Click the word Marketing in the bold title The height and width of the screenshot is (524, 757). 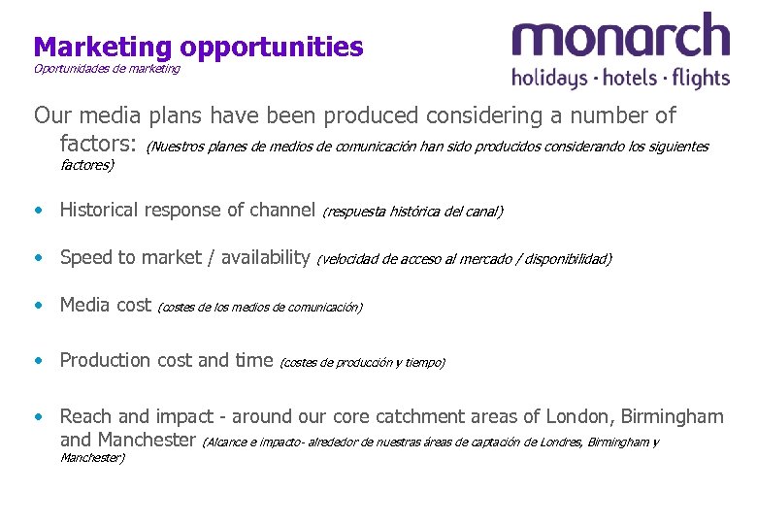point(103,46)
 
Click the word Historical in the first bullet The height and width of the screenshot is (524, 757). point(103,209)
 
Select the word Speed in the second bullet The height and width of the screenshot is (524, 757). point(84,257)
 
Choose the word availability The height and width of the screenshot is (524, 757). point(265,257)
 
